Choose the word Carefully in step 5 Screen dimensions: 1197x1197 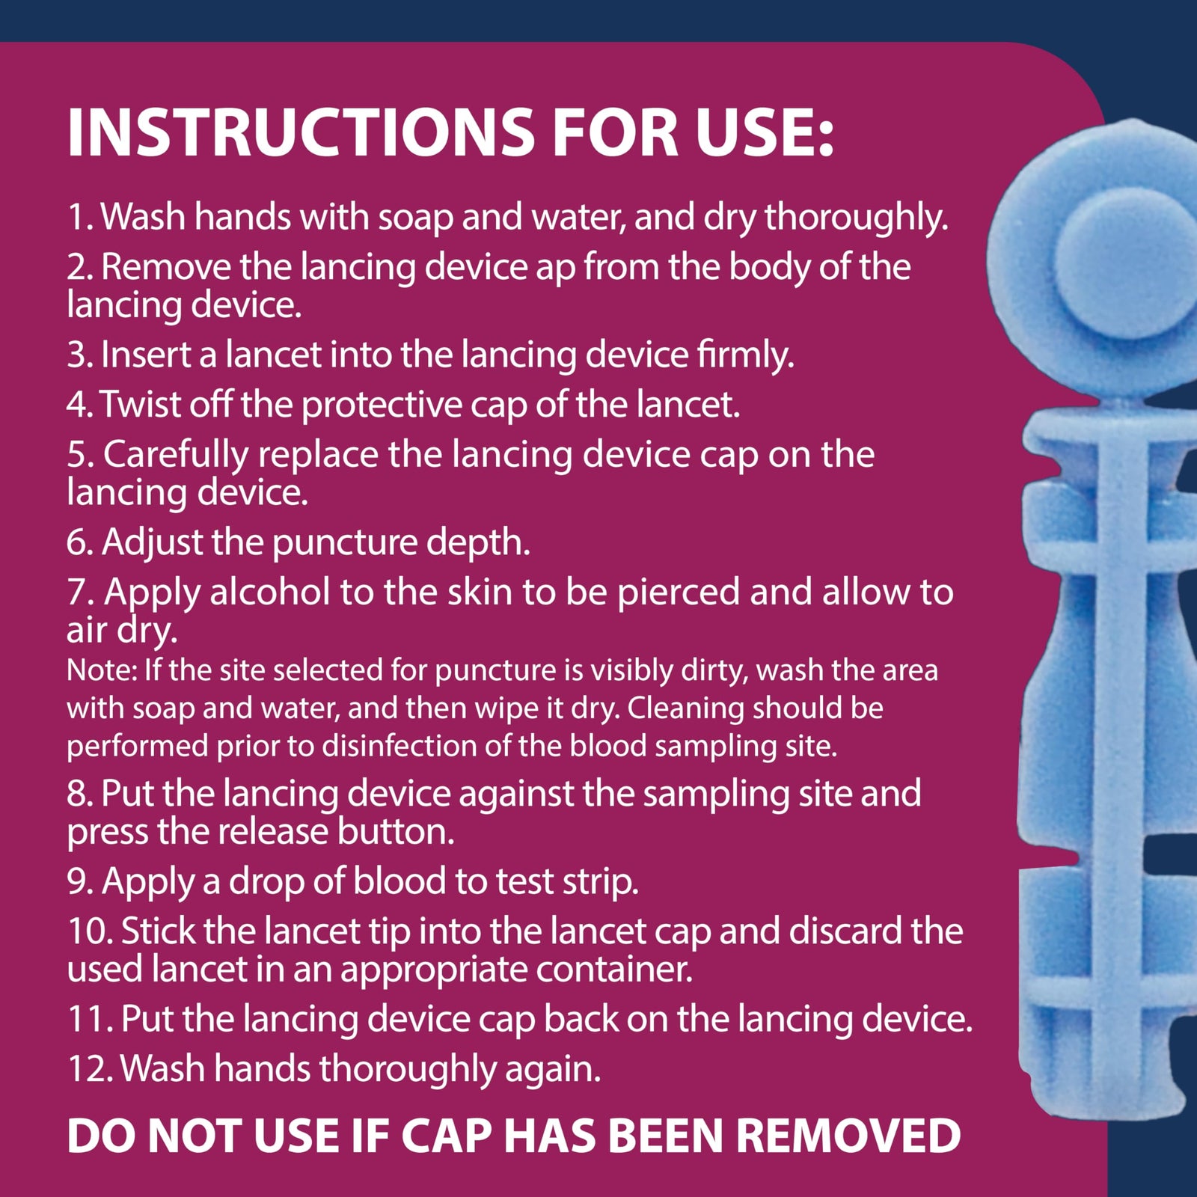click(x=175, y=455)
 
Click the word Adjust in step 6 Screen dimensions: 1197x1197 click(x=152, y=542)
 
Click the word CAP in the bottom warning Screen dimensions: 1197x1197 click(x=446, y=1136)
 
